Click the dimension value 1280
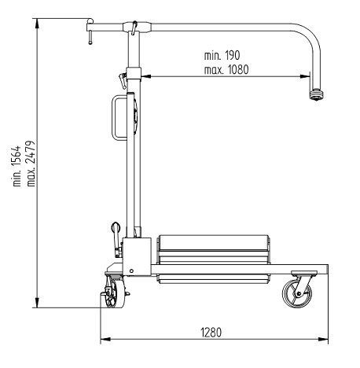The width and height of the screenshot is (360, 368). click(211, 333)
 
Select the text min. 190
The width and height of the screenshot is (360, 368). click(222, 55)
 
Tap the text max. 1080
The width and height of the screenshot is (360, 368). click(226, 70)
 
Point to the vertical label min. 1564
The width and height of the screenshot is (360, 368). click(17, 166)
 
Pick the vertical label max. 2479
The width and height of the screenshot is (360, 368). click(31, 164)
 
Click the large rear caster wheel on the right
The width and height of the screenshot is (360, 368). click(297, 293)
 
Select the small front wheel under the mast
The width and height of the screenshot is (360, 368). click(113, 293)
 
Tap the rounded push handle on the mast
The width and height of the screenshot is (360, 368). click(116, 118)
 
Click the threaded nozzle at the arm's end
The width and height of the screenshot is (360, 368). click(317, 94)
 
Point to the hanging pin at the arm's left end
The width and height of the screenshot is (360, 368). click(90, 37)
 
